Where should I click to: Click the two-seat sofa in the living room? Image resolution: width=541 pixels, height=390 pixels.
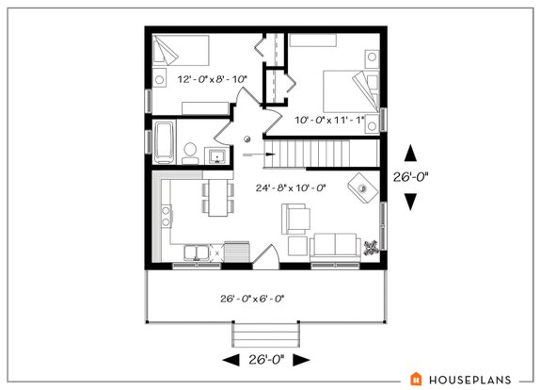(337, 245)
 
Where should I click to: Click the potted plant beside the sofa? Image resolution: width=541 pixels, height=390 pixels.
(372, 246)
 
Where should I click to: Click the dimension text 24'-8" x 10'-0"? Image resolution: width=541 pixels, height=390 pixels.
(290, 188)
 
